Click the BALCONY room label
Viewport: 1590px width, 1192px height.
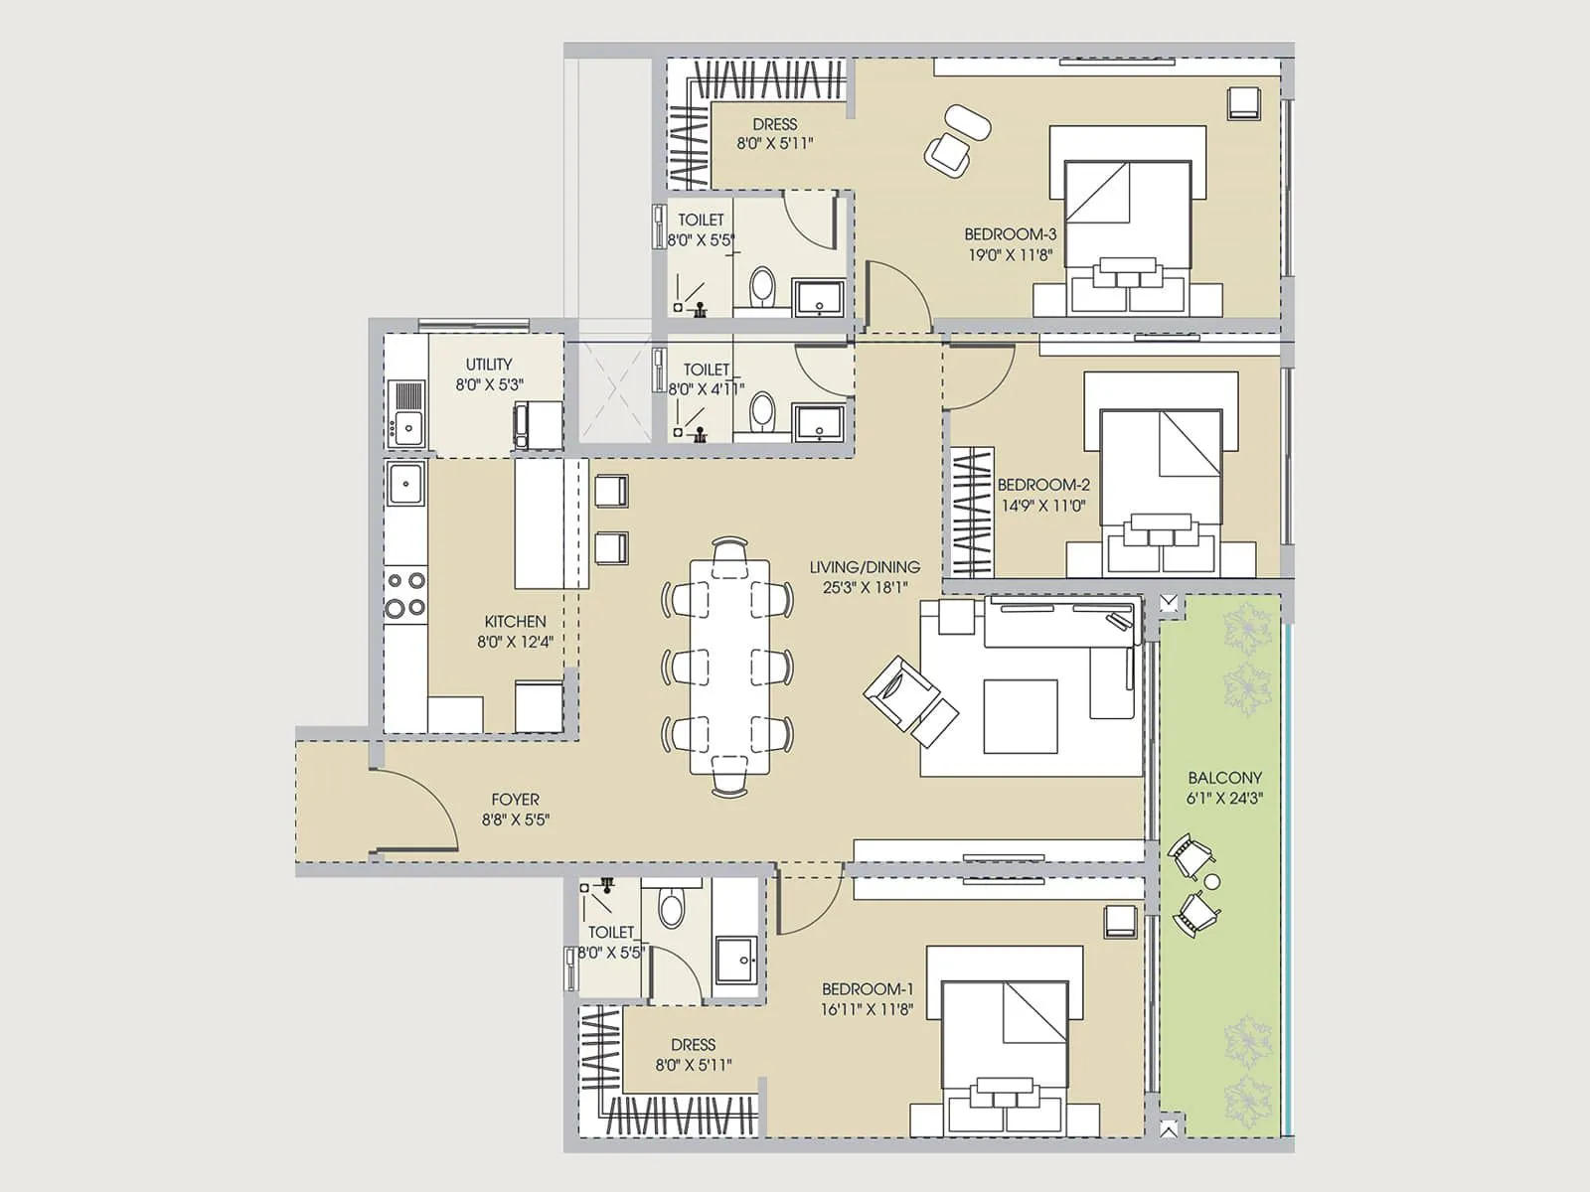coord(1224,778)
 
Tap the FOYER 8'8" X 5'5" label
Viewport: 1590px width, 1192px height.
coord(515,810)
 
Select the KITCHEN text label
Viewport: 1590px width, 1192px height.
coord(515,622)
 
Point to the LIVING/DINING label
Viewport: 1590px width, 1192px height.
coord(864,567)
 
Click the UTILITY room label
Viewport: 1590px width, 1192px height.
coord(489,365)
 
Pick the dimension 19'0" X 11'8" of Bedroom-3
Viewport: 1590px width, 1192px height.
coord(1010,255)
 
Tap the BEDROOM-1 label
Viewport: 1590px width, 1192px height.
coord(867,989)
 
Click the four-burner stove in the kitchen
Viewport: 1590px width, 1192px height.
coord(405,594)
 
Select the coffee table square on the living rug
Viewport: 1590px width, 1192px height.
coord(1021,716)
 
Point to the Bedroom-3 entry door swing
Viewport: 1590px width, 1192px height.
coord(897,296)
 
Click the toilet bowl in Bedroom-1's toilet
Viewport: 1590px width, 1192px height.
coord(672,907)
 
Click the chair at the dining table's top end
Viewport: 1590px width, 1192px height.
coord(730,549)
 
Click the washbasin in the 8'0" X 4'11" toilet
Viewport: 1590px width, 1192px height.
coord(820,422)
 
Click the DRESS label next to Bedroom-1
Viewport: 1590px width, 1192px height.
coord(693,1045)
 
